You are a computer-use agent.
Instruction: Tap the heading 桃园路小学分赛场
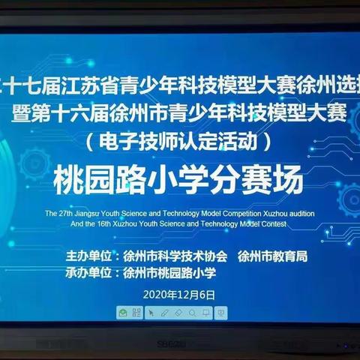pos(180,180)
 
